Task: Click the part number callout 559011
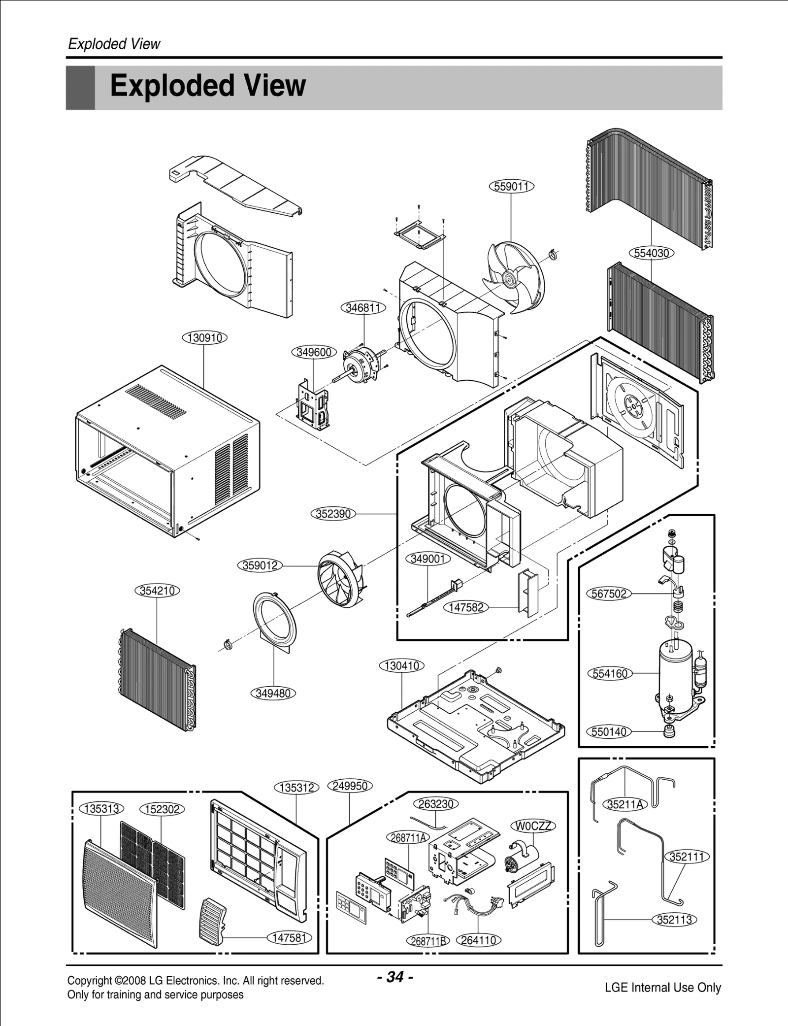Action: (x=512, y=186)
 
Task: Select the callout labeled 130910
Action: (x=205, y=338)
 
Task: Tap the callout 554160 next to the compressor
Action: (x=610, y=673)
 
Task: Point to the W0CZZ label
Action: (x=533, y=826)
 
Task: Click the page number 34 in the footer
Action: (x=395, y=976)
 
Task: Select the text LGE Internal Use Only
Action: (x=662, y=987)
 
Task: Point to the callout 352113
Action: (x=674, y=919)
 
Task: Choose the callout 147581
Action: (x=290, y=937)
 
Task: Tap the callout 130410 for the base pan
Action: (x=402, y=666)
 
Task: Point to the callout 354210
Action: (x=157, y=591)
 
